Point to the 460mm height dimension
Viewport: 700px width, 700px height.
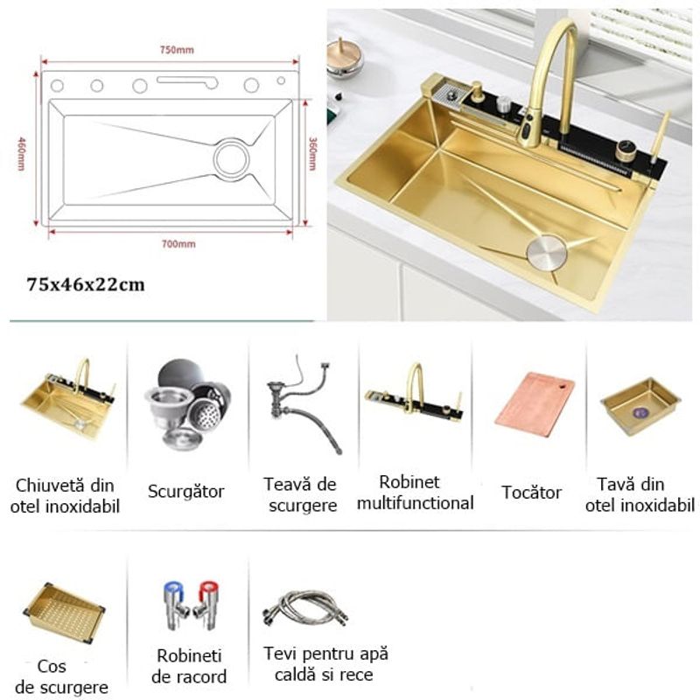click(x=22, y=152)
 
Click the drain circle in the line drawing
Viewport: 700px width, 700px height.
click(x=232, y=159)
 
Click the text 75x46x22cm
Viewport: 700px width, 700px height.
click(x=86, y=284)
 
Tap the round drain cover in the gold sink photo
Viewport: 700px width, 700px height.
click(x=546, y=251)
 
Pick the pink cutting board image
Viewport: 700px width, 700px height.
click(x=534, y=404)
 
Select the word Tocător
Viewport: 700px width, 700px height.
click(x=531, y=493)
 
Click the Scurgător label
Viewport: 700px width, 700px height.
click(x=185, y=492)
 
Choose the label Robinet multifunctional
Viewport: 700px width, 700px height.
click(x=415, y=493)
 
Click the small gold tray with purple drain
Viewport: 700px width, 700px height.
click(x=640, y=405)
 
